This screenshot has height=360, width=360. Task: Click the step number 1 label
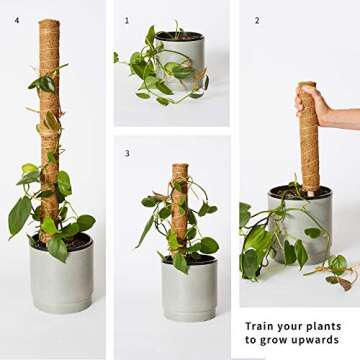(x=127, y=20)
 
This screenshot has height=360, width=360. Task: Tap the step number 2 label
(x=256, y=20)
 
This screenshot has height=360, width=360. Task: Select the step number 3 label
(x=127, y=153)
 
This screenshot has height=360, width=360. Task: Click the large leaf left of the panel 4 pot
(x=19, y=216)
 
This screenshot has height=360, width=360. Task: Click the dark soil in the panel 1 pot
(x=181, y=37)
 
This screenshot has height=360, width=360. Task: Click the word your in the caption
(x=293, y=326)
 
